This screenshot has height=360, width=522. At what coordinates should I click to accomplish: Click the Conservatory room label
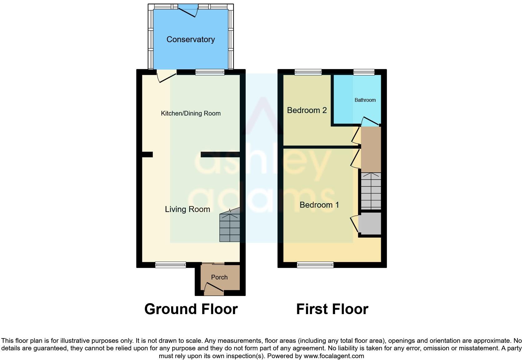[190, 39]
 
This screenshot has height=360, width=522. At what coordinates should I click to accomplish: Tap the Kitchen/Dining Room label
[190, 113]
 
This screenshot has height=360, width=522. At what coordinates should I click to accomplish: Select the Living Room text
[187, 209]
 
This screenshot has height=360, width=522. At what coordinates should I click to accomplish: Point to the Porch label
[219, 277]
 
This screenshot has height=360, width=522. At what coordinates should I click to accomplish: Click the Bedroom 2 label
[307, 110]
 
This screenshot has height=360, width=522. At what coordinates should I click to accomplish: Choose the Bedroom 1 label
[319, 205]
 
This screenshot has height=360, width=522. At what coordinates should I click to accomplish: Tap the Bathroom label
[365, 100]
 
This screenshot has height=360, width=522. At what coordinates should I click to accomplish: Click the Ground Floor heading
[191, 309]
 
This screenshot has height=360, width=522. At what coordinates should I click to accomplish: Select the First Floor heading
[332, 309]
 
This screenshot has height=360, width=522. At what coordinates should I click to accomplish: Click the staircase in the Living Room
[230, 227]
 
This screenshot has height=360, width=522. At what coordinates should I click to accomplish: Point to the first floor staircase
[371, 191]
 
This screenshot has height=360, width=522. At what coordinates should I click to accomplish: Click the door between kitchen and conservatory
[166, 76]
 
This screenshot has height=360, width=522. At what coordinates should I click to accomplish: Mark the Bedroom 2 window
[308, 72]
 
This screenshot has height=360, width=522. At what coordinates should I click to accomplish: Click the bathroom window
[364, 72]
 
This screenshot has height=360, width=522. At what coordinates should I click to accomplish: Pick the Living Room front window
[170, 265]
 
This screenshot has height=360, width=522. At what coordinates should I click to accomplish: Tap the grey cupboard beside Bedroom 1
[370, 223]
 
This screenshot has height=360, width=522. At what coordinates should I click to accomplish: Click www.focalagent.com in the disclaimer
[334, 356]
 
